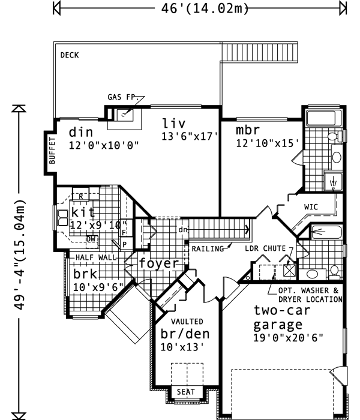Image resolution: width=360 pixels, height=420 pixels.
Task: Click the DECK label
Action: tap(70, 55)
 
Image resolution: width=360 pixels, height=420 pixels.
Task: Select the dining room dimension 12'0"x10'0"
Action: tap(103, 145)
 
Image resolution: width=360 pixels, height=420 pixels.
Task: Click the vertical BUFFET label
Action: tap(52, 151)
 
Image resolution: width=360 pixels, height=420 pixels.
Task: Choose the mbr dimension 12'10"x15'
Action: tap(267, 144)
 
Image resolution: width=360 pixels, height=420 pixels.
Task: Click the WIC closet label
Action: tap(311, 207)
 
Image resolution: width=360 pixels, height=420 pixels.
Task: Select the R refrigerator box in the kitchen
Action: tap(79, 196)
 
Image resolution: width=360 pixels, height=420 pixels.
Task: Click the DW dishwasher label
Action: tap(91, 239)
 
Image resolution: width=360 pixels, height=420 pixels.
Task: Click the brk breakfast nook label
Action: tap(85, 274)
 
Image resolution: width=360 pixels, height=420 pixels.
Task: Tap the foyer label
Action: tap(159, 263)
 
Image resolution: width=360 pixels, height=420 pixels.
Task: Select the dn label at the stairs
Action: tap(183, 230)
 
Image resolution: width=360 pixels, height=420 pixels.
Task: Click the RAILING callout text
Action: tap(207, 248)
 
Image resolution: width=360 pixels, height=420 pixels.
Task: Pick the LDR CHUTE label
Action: tap(265, 248)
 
